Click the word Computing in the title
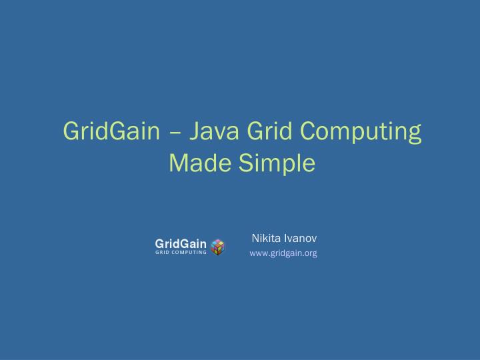pyautogui.click(x=361, y=131)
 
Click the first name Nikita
pyautogui.click(x=266, y=238)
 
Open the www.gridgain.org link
pyautogui.click(x=283, y=253)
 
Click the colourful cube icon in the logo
pyautogui.click(x=217, y=247)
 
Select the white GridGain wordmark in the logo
pyautogui.click(x=181, y=243)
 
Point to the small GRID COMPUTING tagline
pyautogui.click(x=181, y=253)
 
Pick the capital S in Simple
pyautogui.click(x=245, y=163)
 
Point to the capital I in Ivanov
pyautogui.click(x=285, y=238)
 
